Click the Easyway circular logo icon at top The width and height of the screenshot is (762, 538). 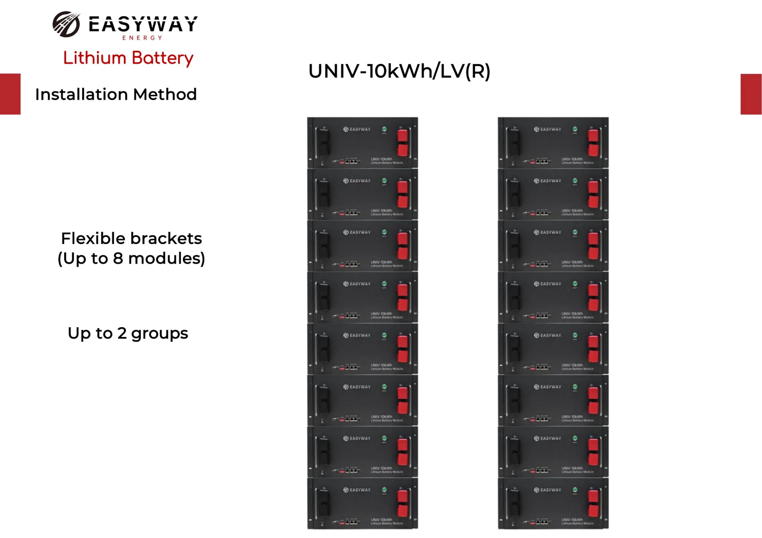[x=66, y=24]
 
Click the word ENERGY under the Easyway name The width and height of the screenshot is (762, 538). [x=142, y=38]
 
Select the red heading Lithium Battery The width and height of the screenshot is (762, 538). [x=128, y=58]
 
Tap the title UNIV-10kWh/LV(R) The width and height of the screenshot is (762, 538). [x=399, y=71]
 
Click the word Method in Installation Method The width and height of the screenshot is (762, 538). [x=165, y=94]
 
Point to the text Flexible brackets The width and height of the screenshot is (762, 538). [x=131, y=238]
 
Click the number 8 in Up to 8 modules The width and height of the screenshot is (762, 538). [x=118, y=258]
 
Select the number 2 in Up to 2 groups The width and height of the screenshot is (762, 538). [x=122, y=334]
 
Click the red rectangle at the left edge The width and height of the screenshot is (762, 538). [x=10, y=94]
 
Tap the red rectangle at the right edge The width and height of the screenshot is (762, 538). [x=751, y=94]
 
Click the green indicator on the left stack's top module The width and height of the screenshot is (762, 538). [x=384, y=129]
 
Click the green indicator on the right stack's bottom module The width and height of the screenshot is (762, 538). [x=575, y=490]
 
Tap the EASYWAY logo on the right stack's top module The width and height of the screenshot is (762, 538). [x=547, y=129]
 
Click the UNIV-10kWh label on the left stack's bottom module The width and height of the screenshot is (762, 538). [x=381, y=520]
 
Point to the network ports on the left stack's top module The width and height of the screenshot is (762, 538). [x=351, y=161]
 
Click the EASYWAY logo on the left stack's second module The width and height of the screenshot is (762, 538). [x=357, y=181]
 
